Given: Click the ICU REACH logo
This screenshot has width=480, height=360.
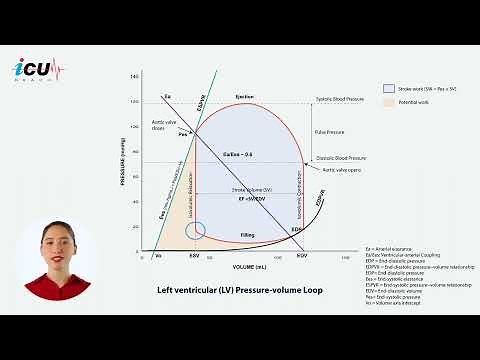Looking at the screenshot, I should (x=38, y=71).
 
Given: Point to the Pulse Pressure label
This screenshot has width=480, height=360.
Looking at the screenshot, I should (x=329, y=132).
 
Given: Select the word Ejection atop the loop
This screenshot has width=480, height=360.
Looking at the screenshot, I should (x=245, y=97).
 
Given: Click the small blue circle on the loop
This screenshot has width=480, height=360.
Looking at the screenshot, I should (x=197, y=231).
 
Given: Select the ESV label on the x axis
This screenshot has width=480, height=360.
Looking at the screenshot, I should (x=197, y=257).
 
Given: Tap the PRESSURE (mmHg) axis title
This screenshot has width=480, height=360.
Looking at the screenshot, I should (x=124, y=165).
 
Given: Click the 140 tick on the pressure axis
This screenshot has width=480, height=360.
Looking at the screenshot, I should (x=136, y=77).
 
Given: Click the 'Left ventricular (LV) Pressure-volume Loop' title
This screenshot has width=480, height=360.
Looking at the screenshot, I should (x=226, y=291).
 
